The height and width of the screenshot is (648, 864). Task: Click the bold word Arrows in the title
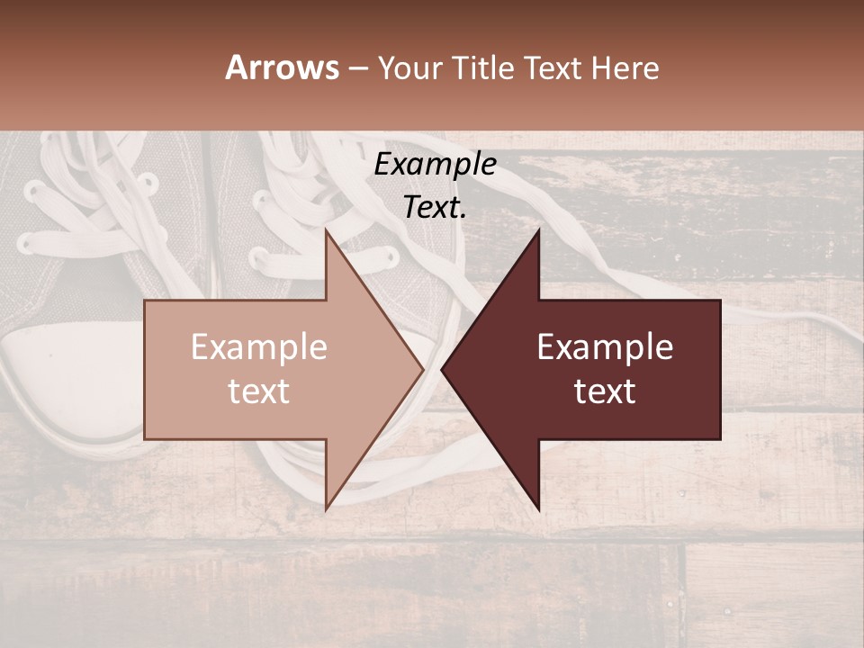[282, 67]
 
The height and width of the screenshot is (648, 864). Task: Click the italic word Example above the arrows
[435, 164]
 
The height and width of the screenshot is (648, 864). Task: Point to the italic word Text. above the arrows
[435, 207]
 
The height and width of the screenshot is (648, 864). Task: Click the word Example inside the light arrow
[258, 347]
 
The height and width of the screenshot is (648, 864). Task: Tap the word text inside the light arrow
[258, 391]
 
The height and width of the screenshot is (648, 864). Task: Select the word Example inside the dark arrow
[605, 347]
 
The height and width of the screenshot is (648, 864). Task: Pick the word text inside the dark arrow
[605, 391]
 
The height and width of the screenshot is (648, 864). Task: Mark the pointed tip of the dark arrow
[443, 369]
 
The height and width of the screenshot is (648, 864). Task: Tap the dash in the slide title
[357, 68]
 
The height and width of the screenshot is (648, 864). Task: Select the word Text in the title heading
[553, 67]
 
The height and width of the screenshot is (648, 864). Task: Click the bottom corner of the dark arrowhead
[539, 509]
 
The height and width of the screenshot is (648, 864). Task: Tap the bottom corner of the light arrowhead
[326, 509]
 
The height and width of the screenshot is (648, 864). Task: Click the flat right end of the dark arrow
[719, 369]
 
